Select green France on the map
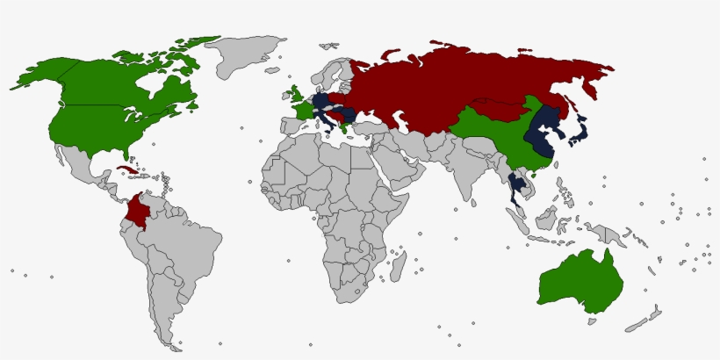303,112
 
